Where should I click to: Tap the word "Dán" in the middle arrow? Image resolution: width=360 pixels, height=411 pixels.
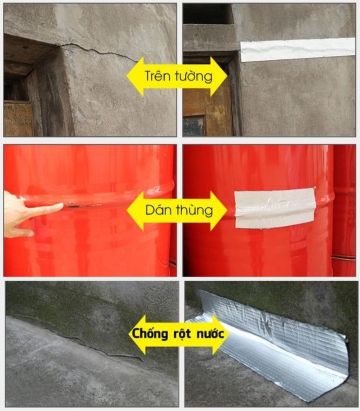157,210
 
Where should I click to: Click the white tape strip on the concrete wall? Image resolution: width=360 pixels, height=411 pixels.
298,49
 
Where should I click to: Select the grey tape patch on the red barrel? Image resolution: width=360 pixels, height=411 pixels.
274,207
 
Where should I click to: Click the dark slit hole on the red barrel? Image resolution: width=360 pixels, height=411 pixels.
83,206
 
